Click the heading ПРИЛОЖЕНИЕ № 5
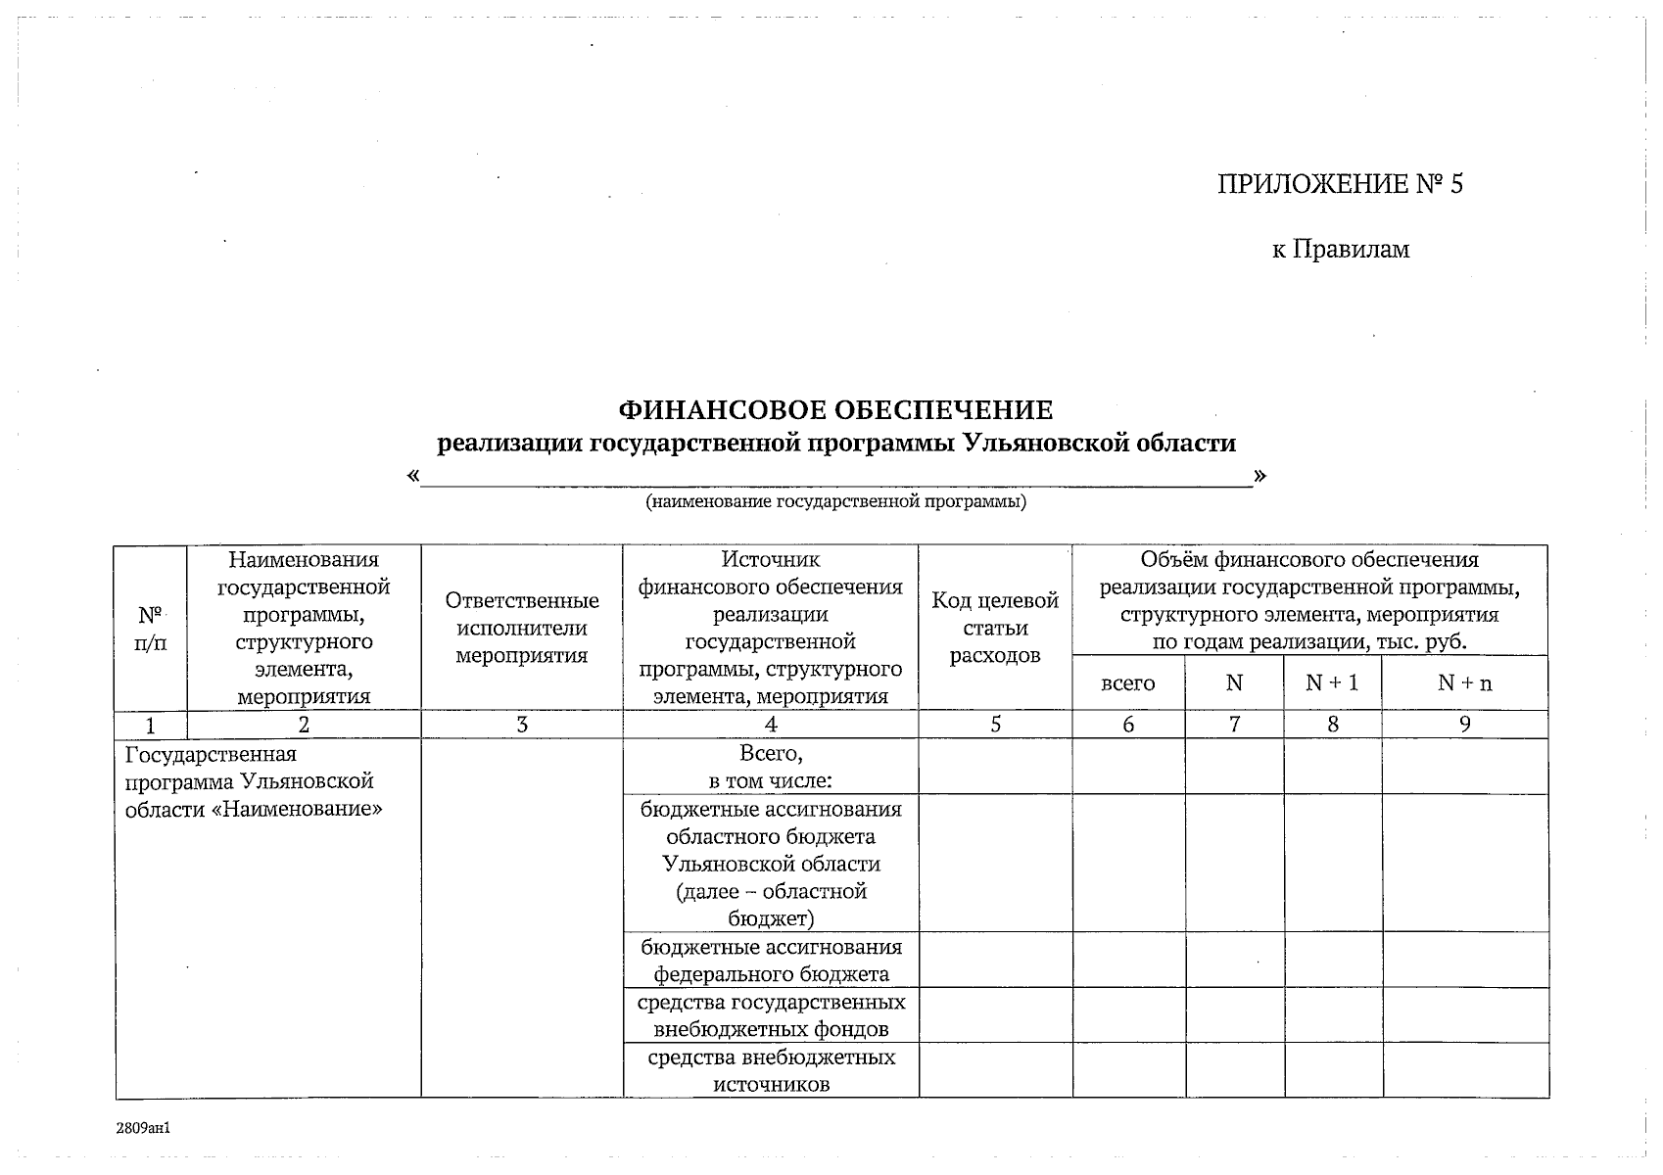pyautogui.click(x=1339, y=185)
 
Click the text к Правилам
pyautogui.click(x=1340, y=250)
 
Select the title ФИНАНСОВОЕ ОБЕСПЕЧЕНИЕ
pyautogui.click(x=835, y=409)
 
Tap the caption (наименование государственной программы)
pyautogui.click(x=835, y=502)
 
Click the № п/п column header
pyautogui.click(x=150, y=629)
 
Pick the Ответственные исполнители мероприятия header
pyautogui.click(x=521, y=629)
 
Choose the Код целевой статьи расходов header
pyautogui.click(x=995, y=629)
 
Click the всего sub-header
pyautogui.click(x=1127, y=683)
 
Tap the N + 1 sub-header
pyautogui.click(x=1331, y=683)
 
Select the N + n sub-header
pyautogui.click(x=1464, y=683)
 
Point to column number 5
pyautogui.click(x=995, y=725)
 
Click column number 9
pyautogui.click(x=1464, y=725)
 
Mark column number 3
pyautogui.click(x=521, y=725)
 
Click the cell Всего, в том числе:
pyautogui.click(x=771, y=767)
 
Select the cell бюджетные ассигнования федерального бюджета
pyautogui.click(x=771, y=961)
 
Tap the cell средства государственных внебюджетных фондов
pyautogui.click(x=771, y=1015)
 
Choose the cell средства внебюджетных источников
pyautogui.click(x=771, y=1070)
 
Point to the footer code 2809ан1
pyautogui.click(x=143, y=1129)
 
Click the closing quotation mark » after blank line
pyautogui.click(x=1259, y=476)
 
